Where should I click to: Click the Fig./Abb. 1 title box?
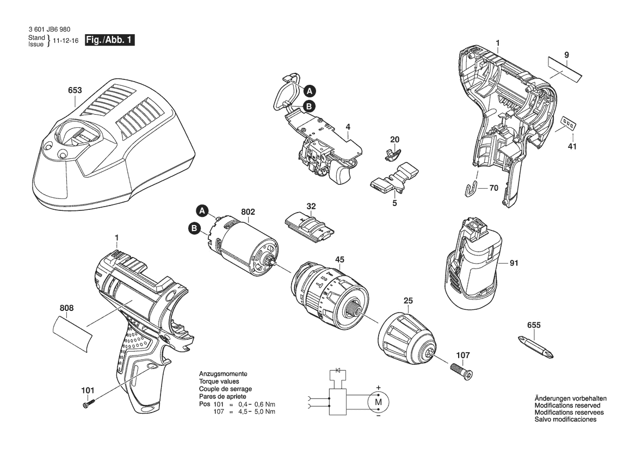109,40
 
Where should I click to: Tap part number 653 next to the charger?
75,90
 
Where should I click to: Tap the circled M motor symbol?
378,402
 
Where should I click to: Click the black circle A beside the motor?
202,211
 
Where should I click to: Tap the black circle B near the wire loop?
309,107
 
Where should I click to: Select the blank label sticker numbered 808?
73,335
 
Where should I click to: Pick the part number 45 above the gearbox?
339,260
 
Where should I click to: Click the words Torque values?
219,382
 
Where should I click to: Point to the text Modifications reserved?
567,405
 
